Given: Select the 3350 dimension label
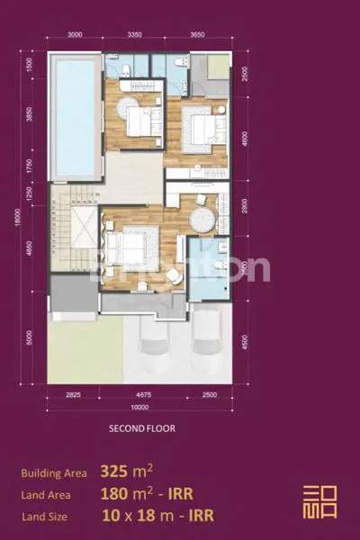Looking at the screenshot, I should (x=134, y=35).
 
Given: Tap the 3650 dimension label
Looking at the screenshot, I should (x=198, y=35).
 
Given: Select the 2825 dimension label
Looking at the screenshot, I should (x=74, y=393).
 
